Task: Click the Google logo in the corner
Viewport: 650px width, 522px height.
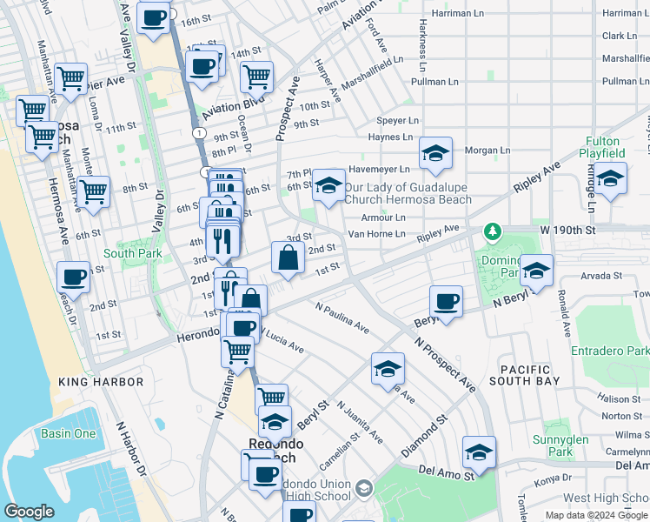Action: point(29,512)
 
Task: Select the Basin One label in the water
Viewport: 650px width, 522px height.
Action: point(68,433)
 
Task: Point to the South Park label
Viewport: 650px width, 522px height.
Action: point(132,253)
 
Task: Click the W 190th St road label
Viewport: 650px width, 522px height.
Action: point(567,230)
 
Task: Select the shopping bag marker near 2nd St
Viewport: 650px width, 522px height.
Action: point(288,258)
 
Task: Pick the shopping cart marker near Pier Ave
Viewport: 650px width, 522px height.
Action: point(70,79)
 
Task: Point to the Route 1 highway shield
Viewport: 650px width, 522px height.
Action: point(199,132)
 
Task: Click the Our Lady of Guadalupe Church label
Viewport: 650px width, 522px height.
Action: point(408,193)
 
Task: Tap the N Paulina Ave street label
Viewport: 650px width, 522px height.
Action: point(342,318)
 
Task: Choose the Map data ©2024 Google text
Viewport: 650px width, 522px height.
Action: point(596,515)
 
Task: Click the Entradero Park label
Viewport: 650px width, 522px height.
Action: point(610,351)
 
